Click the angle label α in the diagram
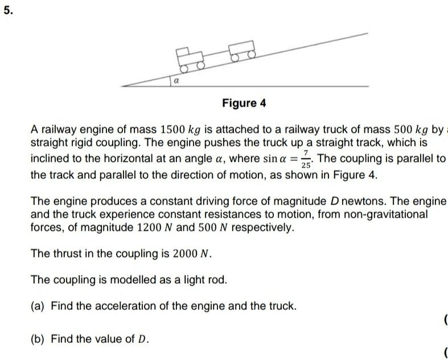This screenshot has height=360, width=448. pos(177,81)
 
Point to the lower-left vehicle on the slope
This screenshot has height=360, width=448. pos(190,57)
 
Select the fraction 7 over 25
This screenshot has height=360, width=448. pos(307,158)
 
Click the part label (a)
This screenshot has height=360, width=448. pos(38,306)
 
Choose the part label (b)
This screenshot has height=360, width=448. pos(38,339)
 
